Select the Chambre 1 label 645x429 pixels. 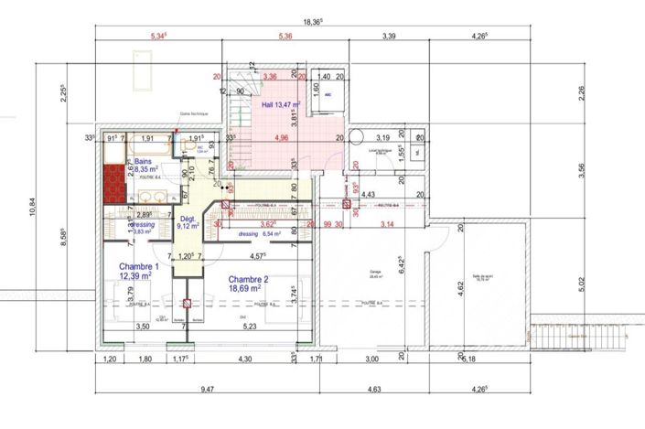point(138,271)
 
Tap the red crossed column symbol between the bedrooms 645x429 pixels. point(185,304)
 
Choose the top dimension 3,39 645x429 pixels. point(388,37)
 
